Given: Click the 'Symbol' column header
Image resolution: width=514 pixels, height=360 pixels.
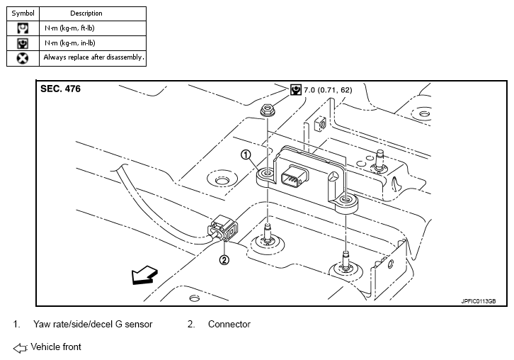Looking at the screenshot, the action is [x=23, y=13].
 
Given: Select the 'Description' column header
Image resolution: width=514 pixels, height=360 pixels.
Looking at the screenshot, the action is [x=86, y=13].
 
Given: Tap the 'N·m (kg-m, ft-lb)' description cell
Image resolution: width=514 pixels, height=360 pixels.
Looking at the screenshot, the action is [x=69, y=28].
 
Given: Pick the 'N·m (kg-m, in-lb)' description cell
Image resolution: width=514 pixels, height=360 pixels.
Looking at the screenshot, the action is [x=70, y=43].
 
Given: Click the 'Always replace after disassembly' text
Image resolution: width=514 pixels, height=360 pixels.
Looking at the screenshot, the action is [x=93, y=57].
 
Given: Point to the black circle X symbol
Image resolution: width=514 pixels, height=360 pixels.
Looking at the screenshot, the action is [x=23, y=58].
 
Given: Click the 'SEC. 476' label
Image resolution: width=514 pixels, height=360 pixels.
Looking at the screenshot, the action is [x=60, y=89].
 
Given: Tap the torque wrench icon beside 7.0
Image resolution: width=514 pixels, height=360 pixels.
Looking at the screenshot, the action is [x=296, y=89].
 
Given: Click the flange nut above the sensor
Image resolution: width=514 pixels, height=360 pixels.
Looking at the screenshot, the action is [x=268, y=111].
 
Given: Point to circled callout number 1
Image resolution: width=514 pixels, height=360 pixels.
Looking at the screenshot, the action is [x=246, y=154].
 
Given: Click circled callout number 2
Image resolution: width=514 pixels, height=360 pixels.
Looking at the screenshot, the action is [x=224, y=260].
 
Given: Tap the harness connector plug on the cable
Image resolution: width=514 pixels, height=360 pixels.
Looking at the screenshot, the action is [x=222, y=229].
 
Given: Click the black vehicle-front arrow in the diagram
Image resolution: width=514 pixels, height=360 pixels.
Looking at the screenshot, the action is [x=144, y=275].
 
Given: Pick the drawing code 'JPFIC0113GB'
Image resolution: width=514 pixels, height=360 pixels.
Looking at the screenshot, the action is [x=479, y=301].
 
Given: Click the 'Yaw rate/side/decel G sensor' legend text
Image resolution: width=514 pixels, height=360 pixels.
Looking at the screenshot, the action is [x=93, y=325].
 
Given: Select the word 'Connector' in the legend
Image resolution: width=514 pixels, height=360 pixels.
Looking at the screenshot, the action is [x=229, y=325].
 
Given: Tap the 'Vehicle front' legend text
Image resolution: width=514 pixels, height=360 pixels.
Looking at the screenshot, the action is [x=56, y=347].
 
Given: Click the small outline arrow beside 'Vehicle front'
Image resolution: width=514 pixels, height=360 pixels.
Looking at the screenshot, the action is [x=20, y=348].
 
